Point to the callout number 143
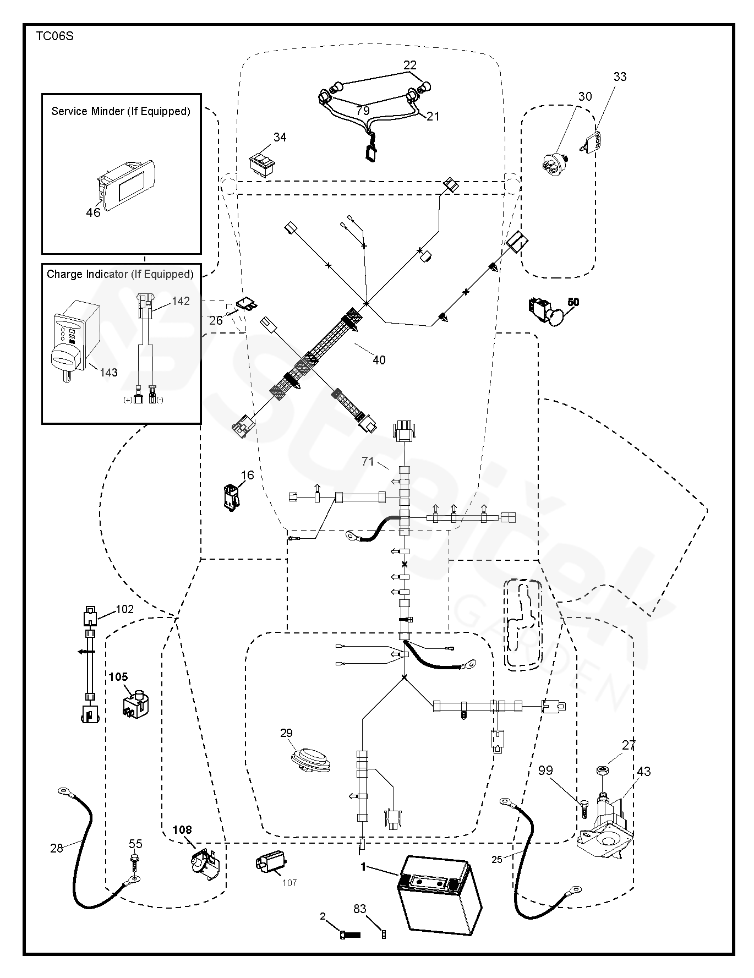[109, 373]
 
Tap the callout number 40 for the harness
[379, 360]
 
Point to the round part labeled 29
[310, 760]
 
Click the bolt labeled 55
[135, 862]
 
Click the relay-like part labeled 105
[136, 703]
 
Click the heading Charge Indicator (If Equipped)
[120, 274]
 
